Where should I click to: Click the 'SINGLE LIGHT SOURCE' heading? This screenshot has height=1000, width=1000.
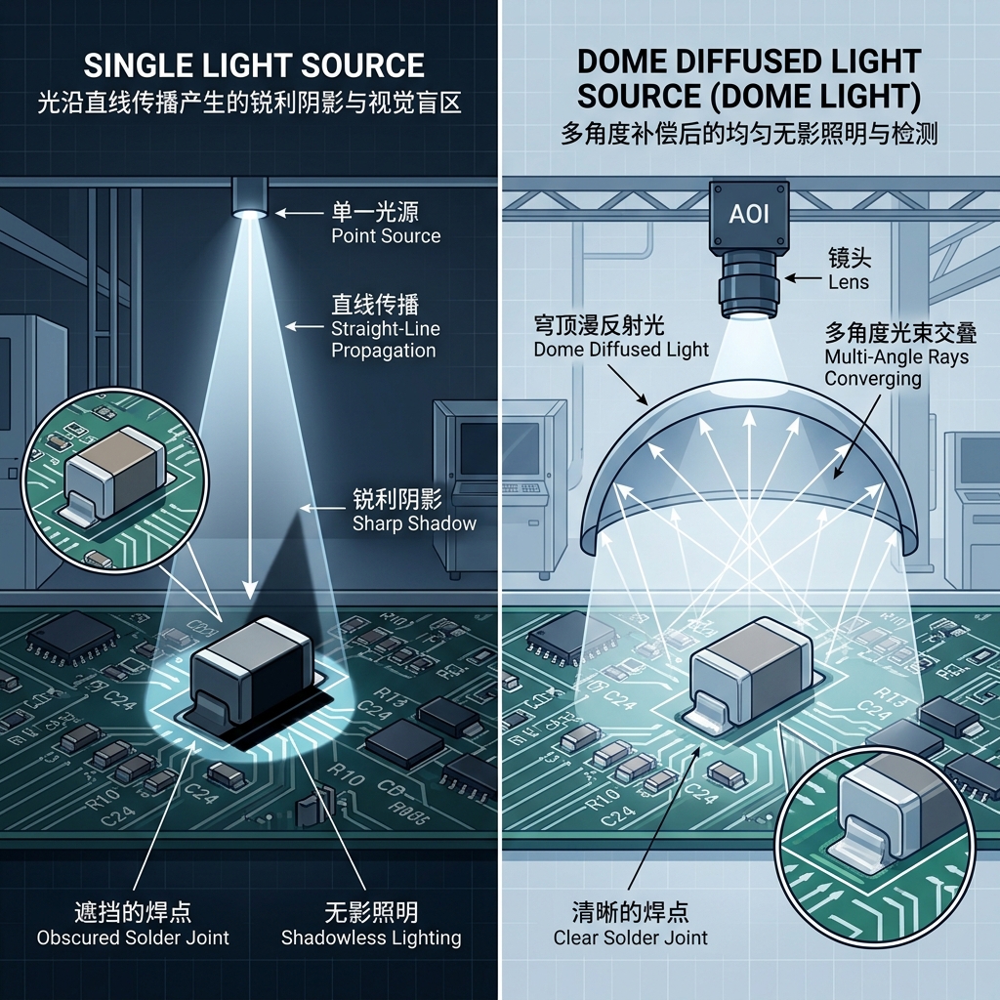tap(254, 65)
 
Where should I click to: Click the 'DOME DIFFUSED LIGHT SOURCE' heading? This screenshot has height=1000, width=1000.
tap(749, 79)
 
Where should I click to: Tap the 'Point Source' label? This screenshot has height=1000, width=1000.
tap(385, 235)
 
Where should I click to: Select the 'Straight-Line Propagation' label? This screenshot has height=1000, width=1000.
tap(383, 339)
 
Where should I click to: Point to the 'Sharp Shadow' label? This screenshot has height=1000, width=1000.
tap(414, 523)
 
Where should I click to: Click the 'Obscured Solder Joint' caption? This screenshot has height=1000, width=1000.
tap(133, 937)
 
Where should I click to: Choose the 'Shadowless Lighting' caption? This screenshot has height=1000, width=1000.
tap(371, 937)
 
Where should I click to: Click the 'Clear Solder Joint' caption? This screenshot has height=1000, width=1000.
tap(630, 937)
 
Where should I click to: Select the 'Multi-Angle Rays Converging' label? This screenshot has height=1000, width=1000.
tap(896, 367)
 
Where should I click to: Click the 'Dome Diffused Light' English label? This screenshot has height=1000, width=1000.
tap(621, 350)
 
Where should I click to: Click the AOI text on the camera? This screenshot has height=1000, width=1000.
tap(749, 213)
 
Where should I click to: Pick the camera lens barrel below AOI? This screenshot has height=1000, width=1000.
tap(750, 283)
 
